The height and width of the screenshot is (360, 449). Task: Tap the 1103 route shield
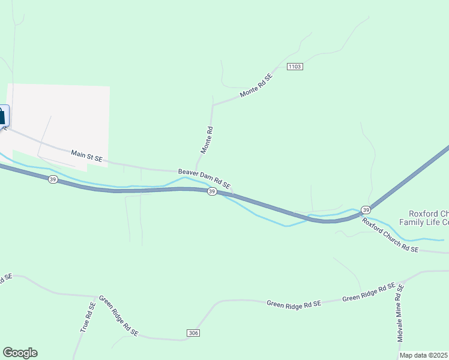[x=295, y=67]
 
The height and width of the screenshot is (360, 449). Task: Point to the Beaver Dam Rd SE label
[x=204, y=179]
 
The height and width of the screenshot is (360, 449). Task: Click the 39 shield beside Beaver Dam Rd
[x=212, y=191]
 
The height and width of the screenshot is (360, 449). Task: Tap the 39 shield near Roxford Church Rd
[x=366, y=210]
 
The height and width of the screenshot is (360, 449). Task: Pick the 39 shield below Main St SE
[x=53, y=180]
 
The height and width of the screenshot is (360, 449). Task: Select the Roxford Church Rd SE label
[x=390, y=235]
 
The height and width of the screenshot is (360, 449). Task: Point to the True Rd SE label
[x=88, y=317]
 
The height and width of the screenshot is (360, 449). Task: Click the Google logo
[x=20, y=353]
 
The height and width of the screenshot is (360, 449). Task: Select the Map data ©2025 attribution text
[x=424, y=355]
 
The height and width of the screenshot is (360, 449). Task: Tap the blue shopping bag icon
[x=2, y=115]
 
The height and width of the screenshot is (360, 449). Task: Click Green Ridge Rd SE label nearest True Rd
[x=118, y=316]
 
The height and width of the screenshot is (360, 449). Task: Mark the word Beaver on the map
[x=188, y=174]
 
